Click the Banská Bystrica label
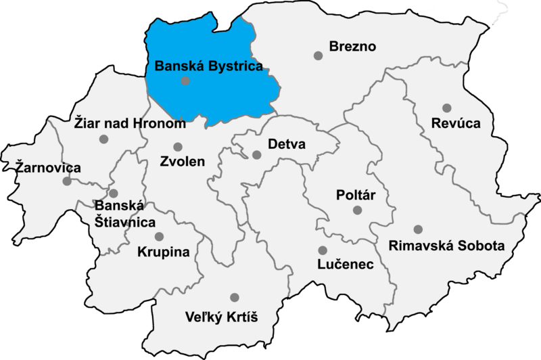tap(208, 66)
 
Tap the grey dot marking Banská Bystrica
tap(186, 81)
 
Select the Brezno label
tap(352, 47)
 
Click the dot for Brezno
tap(318, 55)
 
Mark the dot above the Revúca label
tap(447, 108)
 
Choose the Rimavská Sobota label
tap(446, 246)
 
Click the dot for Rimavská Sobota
tap(418, 229)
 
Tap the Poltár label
tap(355, 196)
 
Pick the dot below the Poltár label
tap(357, 211)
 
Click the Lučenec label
tap(346, 265)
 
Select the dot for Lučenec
tap(323, 250)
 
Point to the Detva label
tap(287, 145)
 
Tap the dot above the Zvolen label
tap(178, 147)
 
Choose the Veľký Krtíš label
tap(222, 317)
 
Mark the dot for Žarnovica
tap(67, 181)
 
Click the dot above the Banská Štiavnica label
tap(114, 194)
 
